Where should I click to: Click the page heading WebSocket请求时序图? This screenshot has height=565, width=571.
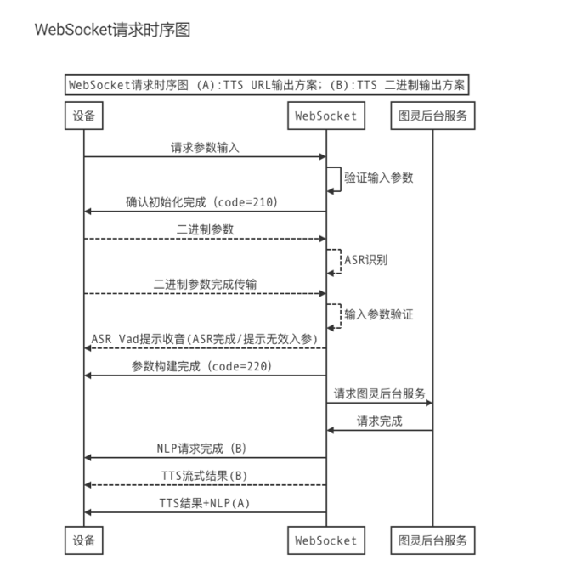point(112,30)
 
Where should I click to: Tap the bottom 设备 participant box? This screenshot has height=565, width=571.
point(83,540)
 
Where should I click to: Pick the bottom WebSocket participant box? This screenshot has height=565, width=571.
point(326,540)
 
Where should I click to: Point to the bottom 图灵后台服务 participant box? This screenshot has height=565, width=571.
point(432,540)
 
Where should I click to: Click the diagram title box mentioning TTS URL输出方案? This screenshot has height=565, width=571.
point(269,85)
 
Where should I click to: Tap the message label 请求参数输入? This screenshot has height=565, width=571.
point(205,147)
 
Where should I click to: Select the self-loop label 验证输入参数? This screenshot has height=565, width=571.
point(379,179)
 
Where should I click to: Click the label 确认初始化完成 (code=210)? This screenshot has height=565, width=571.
point(201,202)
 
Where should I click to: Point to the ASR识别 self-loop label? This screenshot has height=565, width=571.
point(365,259)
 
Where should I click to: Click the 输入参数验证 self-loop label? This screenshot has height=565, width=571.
point(379,314)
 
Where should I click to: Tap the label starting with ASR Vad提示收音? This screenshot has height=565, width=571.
point(204,339)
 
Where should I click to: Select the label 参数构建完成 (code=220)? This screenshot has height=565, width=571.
point(201,365)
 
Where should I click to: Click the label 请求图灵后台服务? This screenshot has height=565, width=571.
point(379,394)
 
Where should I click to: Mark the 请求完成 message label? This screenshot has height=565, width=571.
point(380,421)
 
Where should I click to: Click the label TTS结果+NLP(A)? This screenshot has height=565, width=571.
point(204,502)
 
